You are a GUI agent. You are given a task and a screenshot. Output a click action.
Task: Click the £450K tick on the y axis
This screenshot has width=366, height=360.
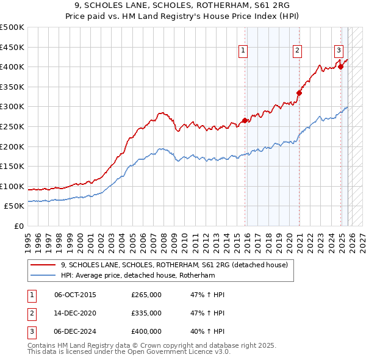tap(12, 47)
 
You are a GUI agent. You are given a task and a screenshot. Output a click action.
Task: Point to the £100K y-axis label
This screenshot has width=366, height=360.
tap(12, 186)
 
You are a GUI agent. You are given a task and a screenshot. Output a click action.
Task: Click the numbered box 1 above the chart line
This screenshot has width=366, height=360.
tap(243, 51)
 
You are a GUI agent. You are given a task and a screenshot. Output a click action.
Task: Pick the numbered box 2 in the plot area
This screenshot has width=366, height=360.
tap(296, 51)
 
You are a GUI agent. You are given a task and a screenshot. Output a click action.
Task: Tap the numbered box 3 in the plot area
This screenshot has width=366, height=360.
tap(338, 51)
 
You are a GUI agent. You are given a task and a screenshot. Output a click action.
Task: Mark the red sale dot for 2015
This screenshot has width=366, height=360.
tap(245, 121)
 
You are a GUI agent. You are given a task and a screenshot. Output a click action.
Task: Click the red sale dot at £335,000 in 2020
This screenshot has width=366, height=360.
tap(300, 93)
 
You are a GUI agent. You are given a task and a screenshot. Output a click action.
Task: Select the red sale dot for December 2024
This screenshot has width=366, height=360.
tap(340, 67)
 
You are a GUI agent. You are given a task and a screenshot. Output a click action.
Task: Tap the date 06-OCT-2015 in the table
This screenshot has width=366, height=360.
tap(75, 295)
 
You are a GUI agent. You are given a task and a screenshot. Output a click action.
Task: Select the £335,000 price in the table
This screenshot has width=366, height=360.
tap(146, 313)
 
